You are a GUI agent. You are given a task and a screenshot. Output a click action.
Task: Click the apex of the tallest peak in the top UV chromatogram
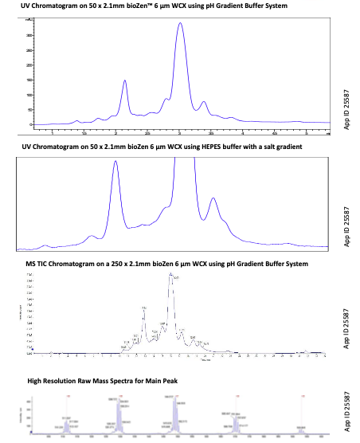pos(180,24)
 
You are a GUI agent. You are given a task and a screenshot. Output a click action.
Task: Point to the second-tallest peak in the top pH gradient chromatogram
pos(125,80)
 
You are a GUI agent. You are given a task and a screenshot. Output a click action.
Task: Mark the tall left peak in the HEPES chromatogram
pos(115,163)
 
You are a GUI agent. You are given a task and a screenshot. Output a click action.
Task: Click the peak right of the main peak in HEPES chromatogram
pos(213,198)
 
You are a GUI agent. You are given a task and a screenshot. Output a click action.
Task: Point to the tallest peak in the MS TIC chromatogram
pos(170,275)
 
